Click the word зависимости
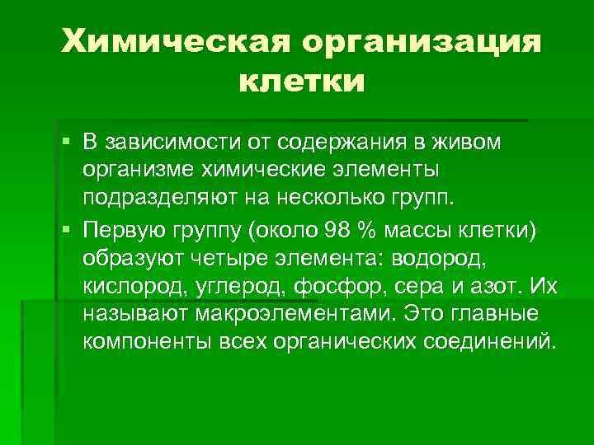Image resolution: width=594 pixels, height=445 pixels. coord(169,143)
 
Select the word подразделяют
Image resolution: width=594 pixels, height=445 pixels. coord(158,199)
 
